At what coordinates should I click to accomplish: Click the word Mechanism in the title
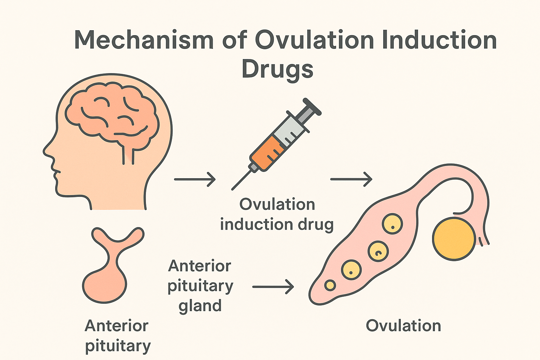[x=143, y=40]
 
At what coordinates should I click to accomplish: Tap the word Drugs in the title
[x=277, y=69]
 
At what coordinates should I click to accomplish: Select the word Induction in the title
[x=438, y=40]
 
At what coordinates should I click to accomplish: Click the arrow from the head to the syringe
[x=195, y=179]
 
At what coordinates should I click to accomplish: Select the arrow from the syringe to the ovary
[x=351, y=179]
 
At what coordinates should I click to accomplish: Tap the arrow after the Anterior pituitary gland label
[x=273, y=287]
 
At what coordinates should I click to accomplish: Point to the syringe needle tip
[x=233, y=189]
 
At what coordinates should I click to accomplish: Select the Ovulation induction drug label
[x=277, y=214]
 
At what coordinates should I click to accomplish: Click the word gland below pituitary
[x=200, y=306]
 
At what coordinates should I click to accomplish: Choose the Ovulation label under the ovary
[x=403, y=326]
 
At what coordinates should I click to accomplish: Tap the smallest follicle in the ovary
[x=330, y=285]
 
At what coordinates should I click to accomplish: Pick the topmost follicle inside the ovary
[x=392, y=224]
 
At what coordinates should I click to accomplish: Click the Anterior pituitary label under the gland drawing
[x=117, y=336]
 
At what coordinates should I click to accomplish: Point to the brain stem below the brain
[x=128, y=155]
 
